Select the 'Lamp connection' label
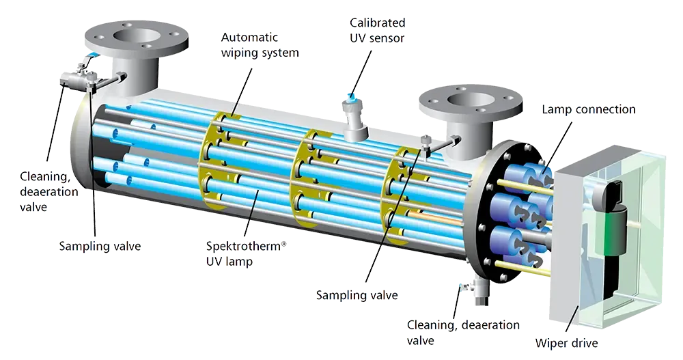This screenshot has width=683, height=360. click(x=589, y=109)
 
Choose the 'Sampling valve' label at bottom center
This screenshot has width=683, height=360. click(x=357, y=295)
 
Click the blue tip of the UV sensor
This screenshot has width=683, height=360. click(x=352, y=98)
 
